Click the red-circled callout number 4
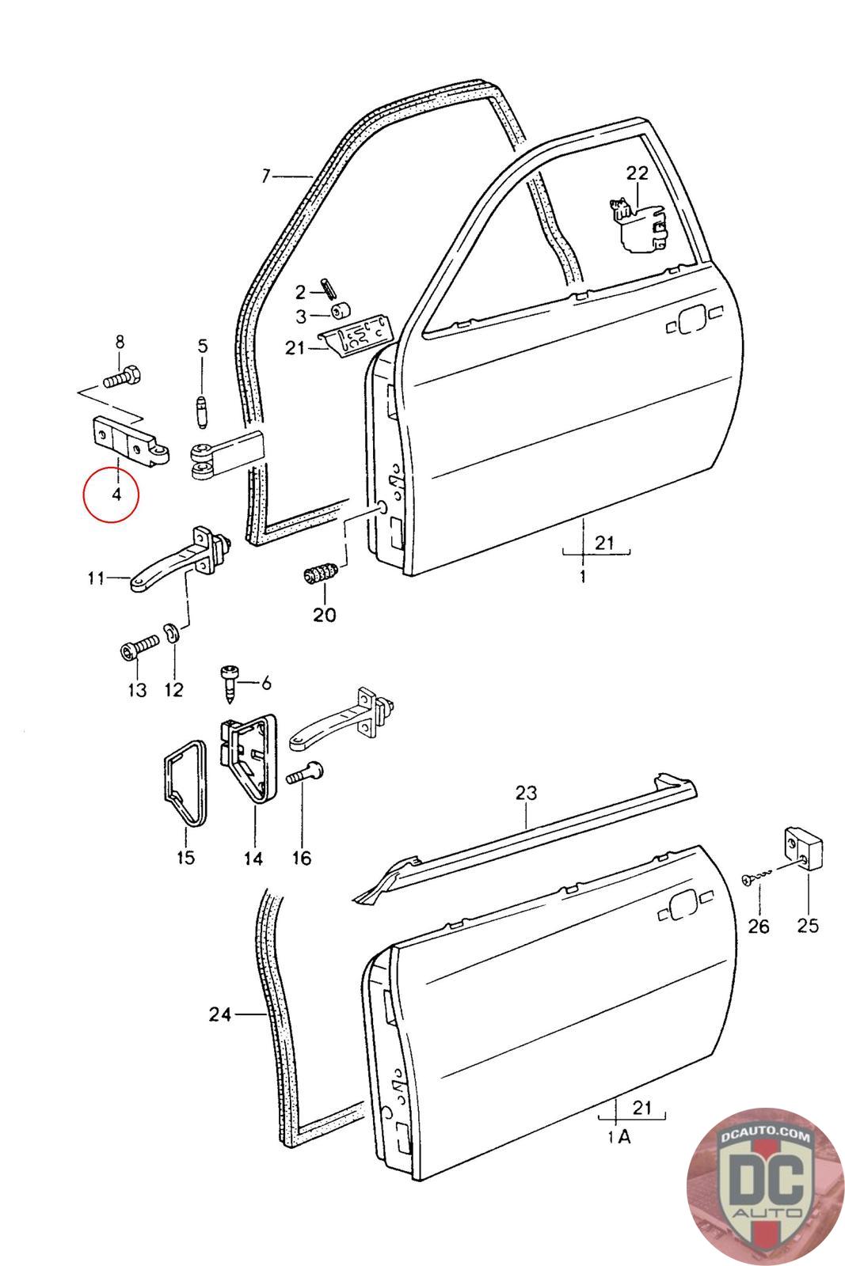[x=116, y=495]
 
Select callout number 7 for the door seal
[x=266, y=176]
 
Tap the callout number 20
[x=324, y=614]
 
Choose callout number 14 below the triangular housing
[x=253, y=857]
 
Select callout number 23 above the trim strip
[x=526, y=792]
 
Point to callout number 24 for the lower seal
[x=220, y=1014]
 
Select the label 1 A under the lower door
[x=619, y=1137]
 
